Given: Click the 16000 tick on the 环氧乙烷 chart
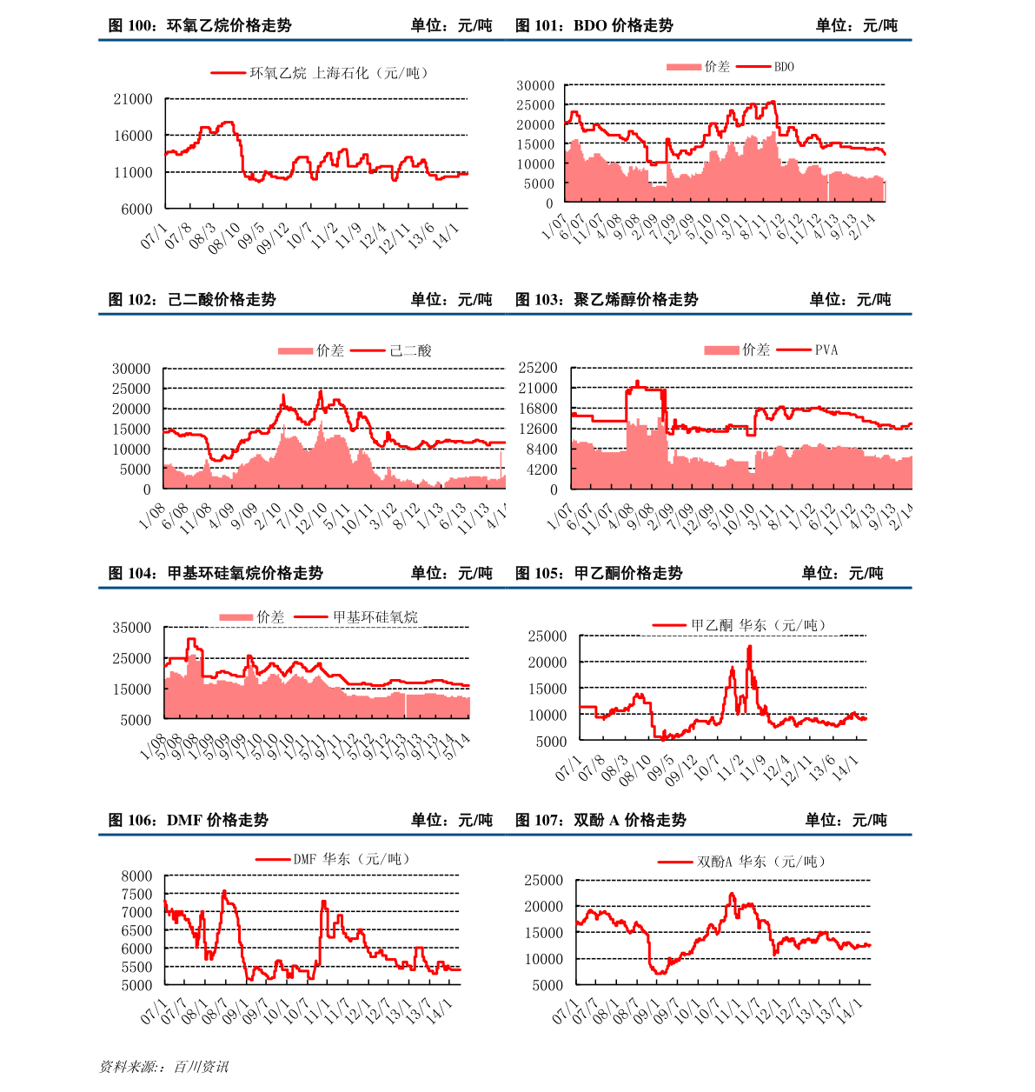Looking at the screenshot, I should pos(133,136).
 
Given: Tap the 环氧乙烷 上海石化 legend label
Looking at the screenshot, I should pos(339,73).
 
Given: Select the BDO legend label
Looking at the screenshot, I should pos(784,67).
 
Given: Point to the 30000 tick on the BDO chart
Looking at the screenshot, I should pos(535,85).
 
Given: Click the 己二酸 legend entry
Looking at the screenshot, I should pos(410,350).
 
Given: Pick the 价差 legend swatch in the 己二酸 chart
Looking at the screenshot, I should pos(295,351).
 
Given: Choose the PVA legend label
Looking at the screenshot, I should pos(826,350).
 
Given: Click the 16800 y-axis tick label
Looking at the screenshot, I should pos(539,409).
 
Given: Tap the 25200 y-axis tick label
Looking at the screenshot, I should pos(539,369).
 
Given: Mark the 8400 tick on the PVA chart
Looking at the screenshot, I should pos(542,449).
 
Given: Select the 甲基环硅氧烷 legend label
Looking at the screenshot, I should pos(375,617).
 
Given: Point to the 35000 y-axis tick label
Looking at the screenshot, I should pos(132,628).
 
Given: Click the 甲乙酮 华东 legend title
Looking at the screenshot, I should pos(758,625).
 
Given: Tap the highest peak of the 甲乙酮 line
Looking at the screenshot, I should pos(750,646).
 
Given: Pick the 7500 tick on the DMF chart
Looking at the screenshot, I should pos(136,895).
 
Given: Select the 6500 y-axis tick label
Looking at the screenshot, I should pos(136,931).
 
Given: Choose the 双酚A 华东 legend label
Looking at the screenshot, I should pos(761,862).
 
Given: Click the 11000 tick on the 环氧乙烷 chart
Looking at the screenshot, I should pos(133,172).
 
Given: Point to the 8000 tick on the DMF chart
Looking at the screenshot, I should pos(136,876).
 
